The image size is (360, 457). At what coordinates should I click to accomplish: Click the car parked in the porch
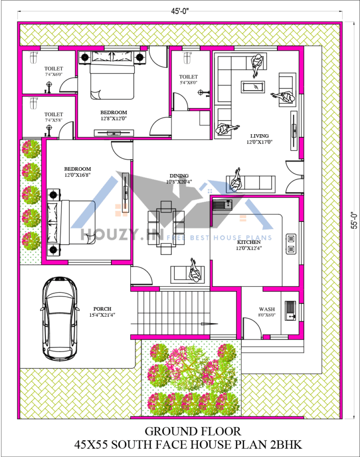coord(60,320)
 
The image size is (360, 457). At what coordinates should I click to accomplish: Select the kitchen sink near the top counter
coord(224,205)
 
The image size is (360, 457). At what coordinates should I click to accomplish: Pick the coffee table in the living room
coord(253,87)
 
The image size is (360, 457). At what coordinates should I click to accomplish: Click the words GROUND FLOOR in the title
coord(193,431)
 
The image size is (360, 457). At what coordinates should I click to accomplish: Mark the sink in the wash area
coord(291,311)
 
